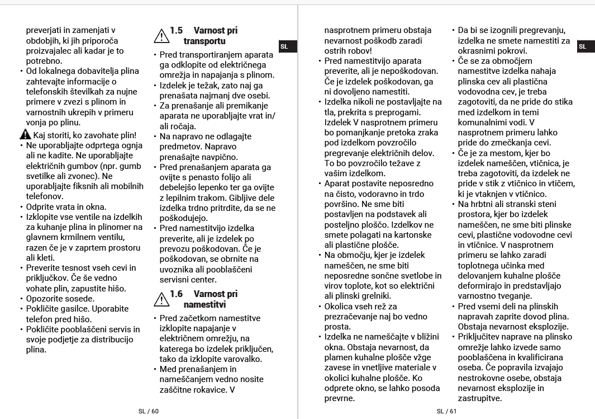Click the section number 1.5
176,31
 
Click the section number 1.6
176,294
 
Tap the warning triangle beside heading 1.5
161,36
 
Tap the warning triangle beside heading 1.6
161,300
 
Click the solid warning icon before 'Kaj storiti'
25,135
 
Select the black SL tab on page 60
284,46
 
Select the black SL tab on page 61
583,46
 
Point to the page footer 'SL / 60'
149,411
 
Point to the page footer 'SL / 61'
446,411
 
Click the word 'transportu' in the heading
204,41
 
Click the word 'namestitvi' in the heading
204,305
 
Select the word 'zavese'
339,368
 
